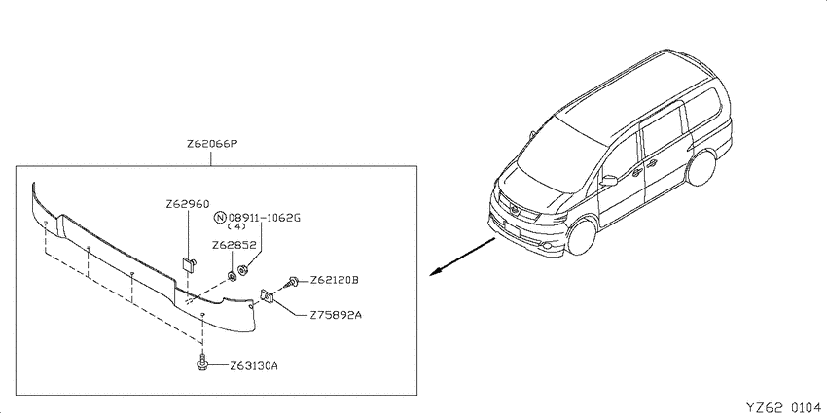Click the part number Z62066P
coord(210,144)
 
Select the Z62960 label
coord(187,204)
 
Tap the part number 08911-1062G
coord(265,217)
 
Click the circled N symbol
coord(221,217)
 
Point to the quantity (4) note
coord(236,227)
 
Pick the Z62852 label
coord(234,245)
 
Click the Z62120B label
coord(334,280)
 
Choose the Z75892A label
coord(336,316)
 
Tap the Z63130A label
coord(253,365)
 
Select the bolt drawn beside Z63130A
coord(202,363)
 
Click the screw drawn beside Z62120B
coord(292,282)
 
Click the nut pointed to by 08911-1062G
coord(243,271)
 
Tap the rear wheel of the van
coord(702,167)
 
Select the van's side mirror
coord(608,181)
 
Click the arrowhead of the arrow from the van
coord(435,272)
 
